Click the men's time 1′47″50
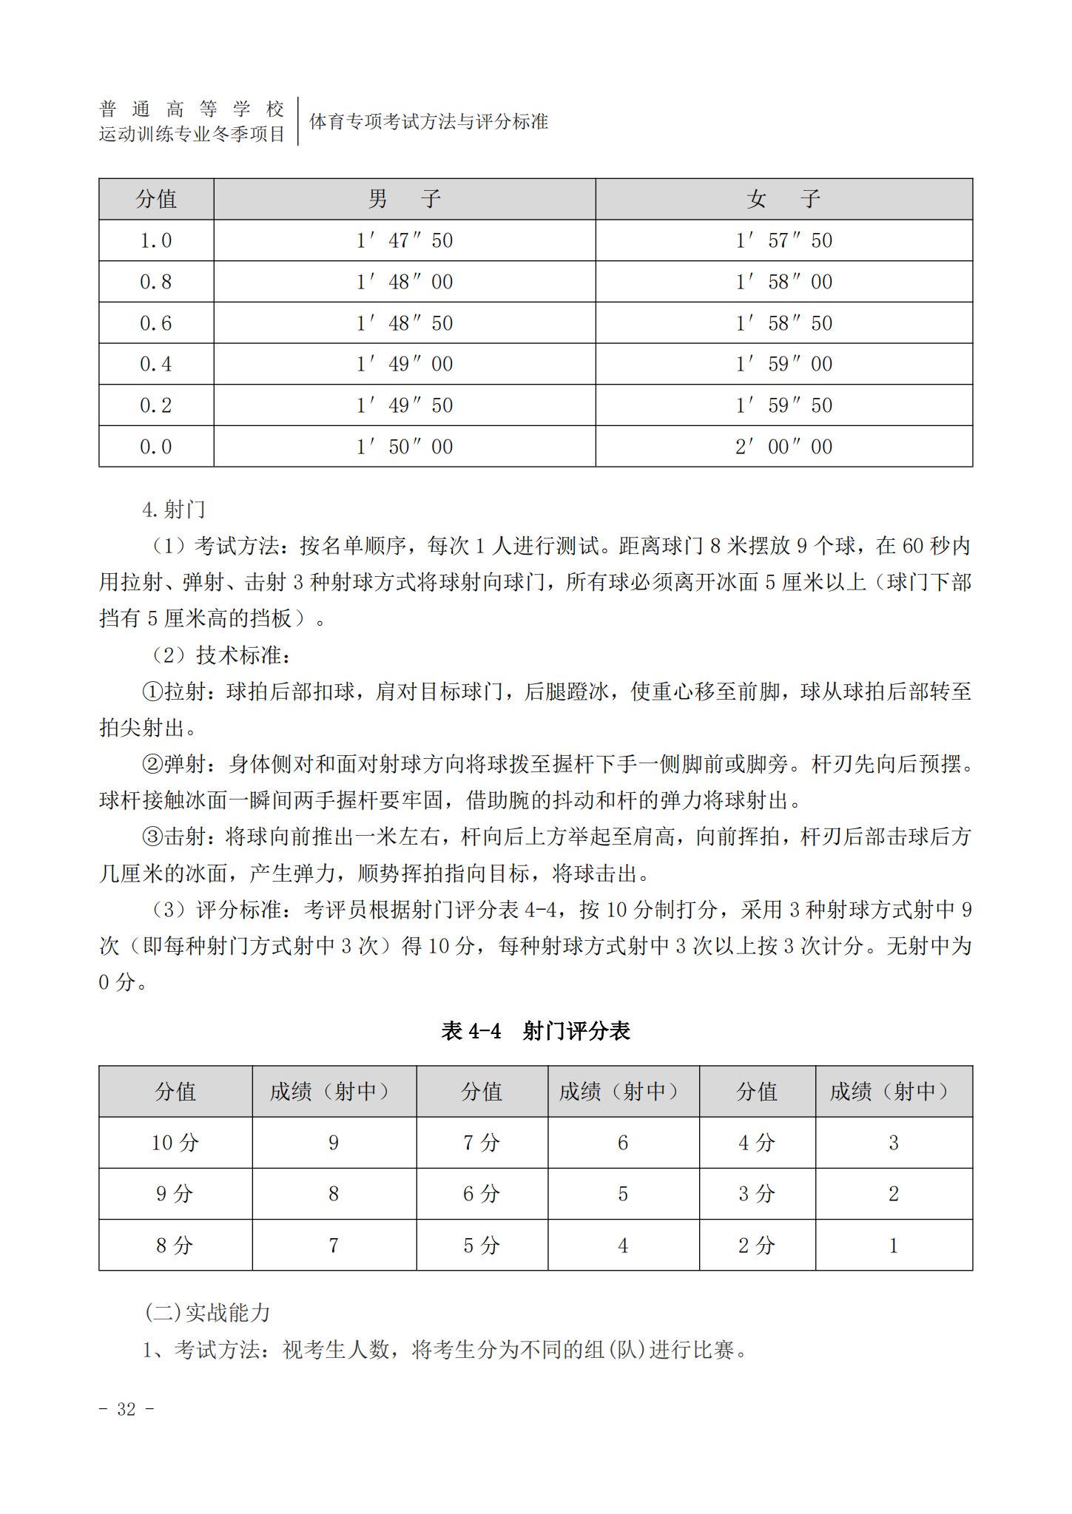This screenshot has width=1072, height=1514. (x=404, y=240)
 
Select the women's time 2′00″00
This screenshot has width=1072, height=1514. (x=783, y=447)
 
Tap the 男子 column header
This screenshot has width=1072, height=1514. (x=404, y=199)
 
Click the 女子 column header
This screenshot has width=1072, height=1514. (x=783, y=199)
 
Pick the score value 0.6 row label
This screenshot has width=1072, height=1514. (x=156, y=323)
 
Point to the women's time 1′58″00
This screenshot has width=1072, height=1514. (x=783, y=282)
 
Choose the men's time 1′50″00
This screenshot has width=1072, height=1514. (x=404, y=447)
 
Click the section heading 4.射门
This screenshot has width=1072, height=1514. (x=174, y=510)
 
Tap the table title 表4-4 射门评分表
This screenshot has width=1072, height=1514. (x=535, y=1030)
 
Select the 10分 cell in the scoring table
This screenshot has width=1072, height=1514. (x=175, y=1143)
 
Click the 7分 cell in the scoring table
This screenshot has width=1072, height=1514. (x=482, y=1143)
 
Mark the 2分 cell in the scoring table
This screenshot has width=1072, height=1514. (x=756, y=1246)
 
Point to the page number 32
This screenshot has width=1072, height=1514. (x=127, y=1409)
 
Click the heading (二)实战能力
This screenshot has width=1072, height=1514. (x=207, y=1313)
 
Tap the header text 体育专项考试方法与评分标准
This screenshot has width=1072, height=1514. (x=428, y=121)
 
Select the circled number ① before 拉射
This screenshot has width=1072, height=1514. (x=152, y=692)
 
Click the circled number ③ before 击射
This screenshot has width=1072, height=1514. (x=152, y=837)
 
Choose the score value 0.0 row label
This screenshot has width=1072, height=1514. (x=156, y=447)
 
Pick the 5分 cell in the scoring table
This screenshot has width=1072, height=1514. (x=482, y=1246)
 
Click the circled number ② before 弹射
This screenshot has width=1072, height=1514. (x=152, y=764)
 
